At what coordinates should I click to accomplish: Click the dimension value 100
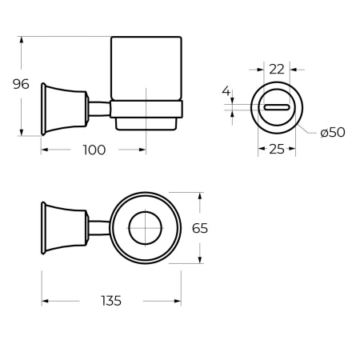click(94, 150)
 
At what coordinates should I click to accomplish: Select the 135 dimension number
click(111, 301)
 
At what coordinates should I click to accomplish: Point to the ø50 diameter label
click(331, 131)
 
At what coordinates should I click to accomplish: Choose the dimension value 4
click(226, 93)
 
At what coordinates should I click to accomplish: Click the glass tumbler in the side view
click(147, 69)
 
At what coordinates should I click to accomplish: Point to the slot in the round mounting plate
click(277, 107)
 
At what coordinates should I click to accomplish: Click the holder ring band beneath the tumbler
click(147, 110)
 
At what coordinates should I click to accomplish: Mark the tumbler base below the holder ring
click(147, 123)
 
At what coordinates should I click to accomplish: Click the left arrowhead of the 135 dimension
click(45, 301)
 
